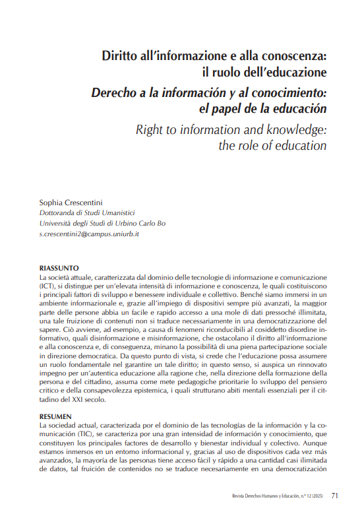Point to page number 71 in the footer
tap(334, 495)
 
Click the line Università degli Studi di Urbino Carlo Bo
tap(93, 223)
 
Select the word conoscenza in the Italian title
tap(293, 54)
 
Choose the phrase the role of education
tap(272, 145)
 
